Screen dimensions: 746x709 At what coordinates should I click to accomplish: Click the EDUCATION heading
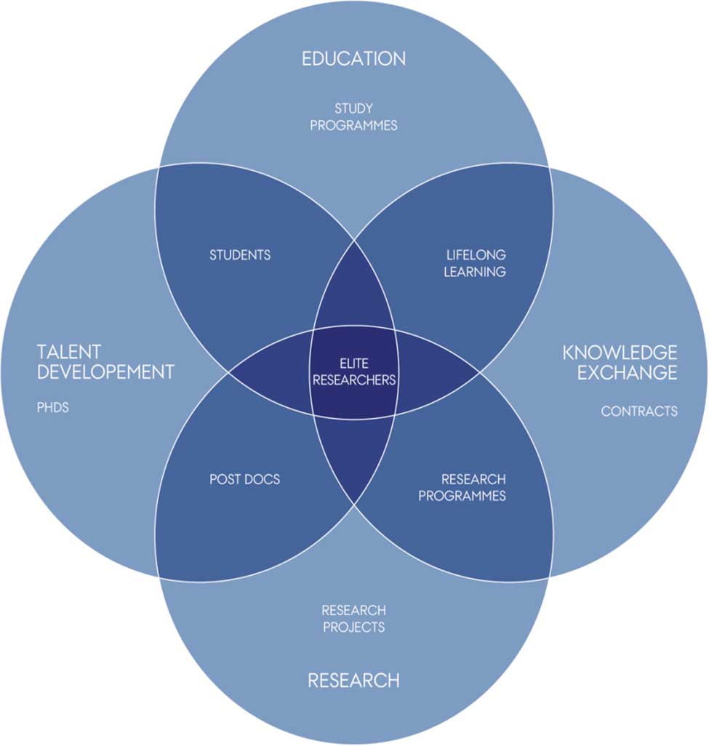pyautogui.click(x=353, y=59)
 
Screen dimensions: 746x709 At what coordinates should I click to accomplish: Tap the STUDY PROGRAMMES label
pyautogui.click(x=353, y=117)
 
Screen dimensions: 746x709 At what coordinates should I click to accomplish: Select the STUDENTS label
pyautogui.click(x=240, y=255)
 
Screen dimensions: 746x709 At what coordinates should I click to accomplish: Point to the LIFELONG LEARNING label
pyautogui.click(x=476, y=263)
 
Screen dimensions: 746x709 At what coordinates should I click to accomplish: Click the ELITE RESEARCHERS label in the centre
pyautogui.click(x=354, y=371)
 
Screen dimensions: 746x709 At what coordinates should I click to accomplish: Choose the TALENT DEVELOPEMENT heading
pyautogui.click(x=105, y=362)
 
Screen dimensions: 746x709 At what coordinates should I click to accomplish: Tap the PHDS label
pyautogui.click(x=53, y=407)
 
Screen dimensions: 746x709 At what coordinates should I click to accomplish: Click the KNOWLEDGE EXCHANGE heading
pyautogui.click(x=620, y=363)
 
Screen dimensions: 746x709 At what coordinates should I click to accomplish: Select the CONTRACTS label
pyautogui.click(x=639, y=412)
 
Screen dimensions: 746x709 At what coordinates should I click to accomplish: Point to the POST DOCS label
pyautogui.click(x=244, y=479)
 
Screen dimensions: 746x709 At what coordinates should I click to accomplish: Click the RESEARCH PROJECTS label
pyautogui.click(x=353, y=618)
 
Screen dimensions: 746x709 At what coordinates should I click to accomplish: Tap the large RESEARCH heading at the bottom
pyautogui.click(x=353, y=681)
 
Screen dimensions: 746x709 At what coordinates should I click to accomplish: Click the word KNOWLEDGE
pyautogui.click(x=620, y=353)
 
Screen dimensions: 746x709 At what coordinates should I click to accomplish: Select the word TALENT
pyautogui.click(x=69, y=353)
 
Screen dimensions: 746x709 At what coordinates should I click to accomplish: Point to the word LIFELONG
pyautogui.click(x=476, y=255)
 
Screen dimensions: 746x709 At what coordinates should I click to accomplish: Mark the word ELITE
pyautogui.click(x=354, y=363)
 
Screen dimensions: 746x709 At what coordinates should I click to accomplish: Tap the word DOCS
pyautogui.click(x=263, y=479)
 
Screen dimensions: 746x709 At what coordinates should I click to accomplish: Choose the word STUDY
pyautogui.click(x=353, y=109)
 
